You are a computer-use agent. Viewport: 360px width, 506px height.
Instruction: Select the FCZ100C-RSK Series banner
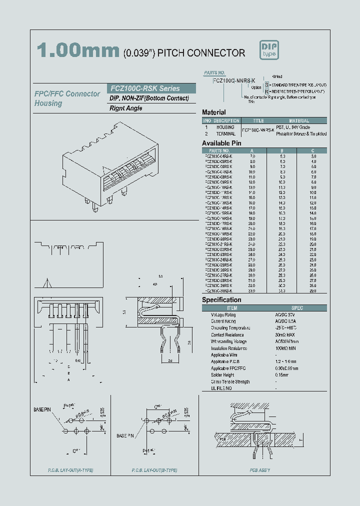[x=144, y=88]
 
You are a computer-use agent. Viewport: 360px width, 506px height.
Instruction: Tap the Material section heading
[x=213, y=112]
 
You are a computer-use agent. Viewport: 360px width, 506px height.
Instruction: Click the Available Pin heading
[x=221, y=143]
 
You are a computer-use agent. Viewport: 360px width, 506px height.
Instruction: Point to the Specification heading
[x=221, y=300]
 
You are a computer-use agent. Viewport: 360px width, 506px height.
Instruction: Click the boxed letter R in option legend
[x=267, y=92]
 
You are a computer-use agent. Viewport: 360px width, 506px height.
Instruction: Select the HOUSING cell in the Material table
[x=225, y=127]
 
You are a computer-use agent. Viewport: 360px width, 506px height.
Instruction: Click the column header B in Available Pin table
[x=282, y=150]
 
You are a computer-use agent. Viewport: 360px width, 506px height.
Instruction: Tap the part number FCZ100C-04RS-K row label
[x=219, y=156]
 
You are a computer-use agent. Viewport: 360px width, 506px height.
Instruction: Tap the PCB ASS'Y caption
[x=260, y=470]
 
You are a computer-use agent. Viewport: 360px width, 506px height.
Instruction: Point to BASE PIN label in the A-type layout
[x=42, y=409]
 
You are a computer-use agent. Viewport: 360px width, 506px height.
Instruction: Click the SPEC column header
[x=297, y=308]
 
